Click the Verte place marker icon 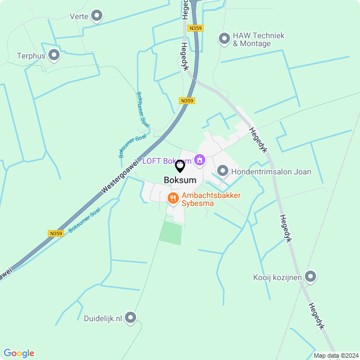coord(97,16)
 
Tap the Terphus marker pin coord(54,55)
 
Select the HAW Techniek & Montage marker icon coord(224,39)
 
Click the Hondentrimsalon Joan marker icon coord(222,170)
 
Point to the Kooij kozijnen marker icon coord(310,276)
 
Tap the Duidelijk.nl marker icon coord(131,318)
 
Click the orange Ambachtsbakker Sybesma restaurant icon coord(173,197)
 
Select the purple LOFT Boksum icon coord(199,161)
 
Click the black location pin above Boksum coord(180,166)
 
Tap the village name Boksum coord(179,180)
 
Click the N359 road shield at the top coord(196,28)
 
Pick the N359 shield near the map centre coord(187,101)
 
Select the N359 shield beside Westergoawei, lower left coord(56,233)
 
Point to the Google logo coord(19,353)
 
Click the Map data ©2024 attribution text coord(336,355)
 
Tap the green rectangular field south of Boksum coord(171,232)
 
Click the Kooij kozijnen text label coord(277,277)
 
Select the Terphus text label coord(30,56)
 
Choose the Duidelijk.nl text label coord(103,318)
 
